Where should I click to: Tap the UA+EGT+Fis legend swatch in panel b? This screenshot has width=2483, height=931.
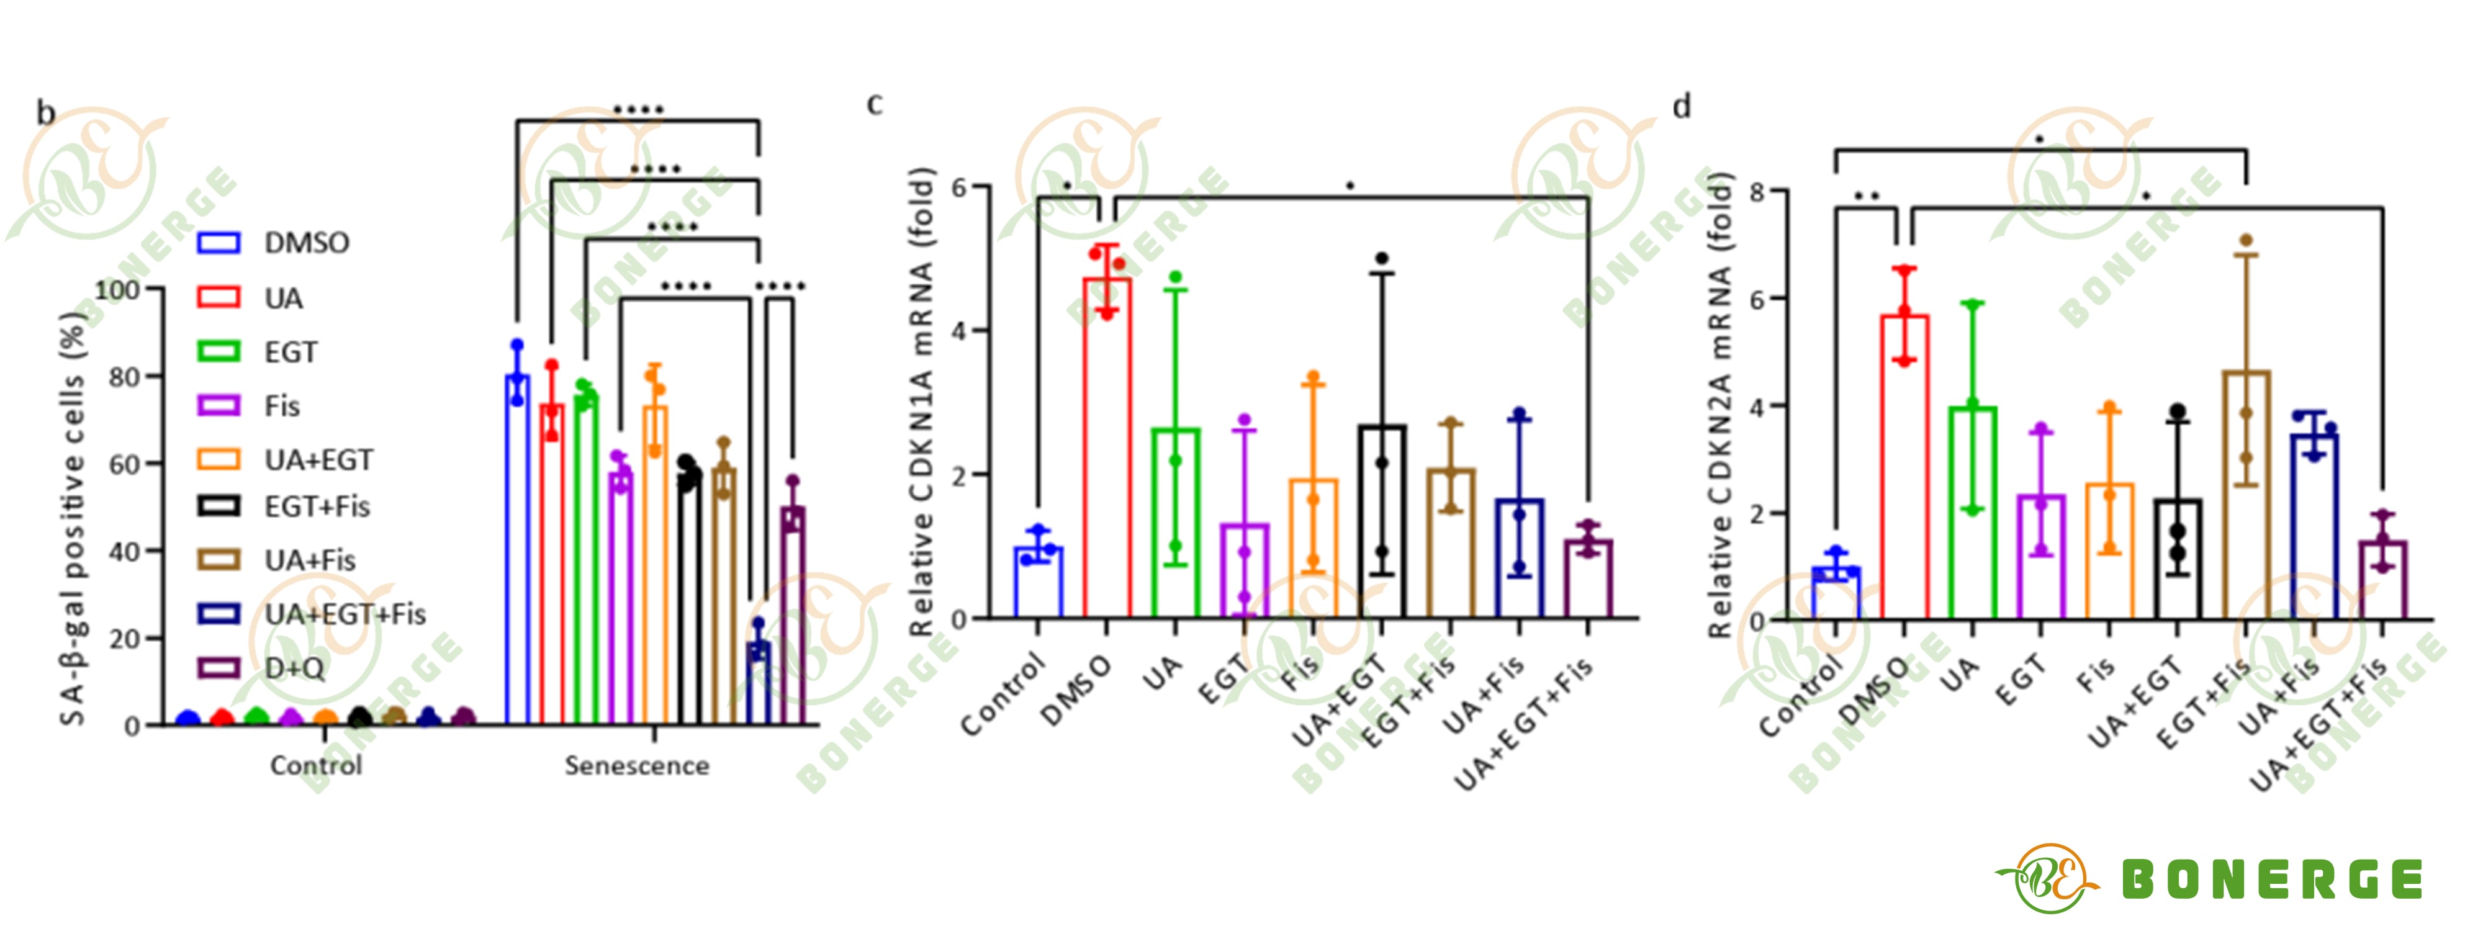click(x=219, y=614)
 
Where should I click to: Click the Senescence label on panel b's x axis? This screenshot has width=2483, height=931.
click(x=637, y=765)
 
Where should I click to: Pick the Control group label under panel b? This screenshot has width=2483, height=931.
click(x=316, y=765)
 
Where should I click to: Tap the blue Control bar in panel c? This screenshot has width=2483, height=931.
click(x=1038, y=582)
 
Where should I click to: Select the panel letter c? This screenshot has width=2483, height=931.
click(x=874, y=103)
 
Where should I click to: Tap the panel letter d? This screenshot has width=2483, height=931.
click(x=1682, y=106)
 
